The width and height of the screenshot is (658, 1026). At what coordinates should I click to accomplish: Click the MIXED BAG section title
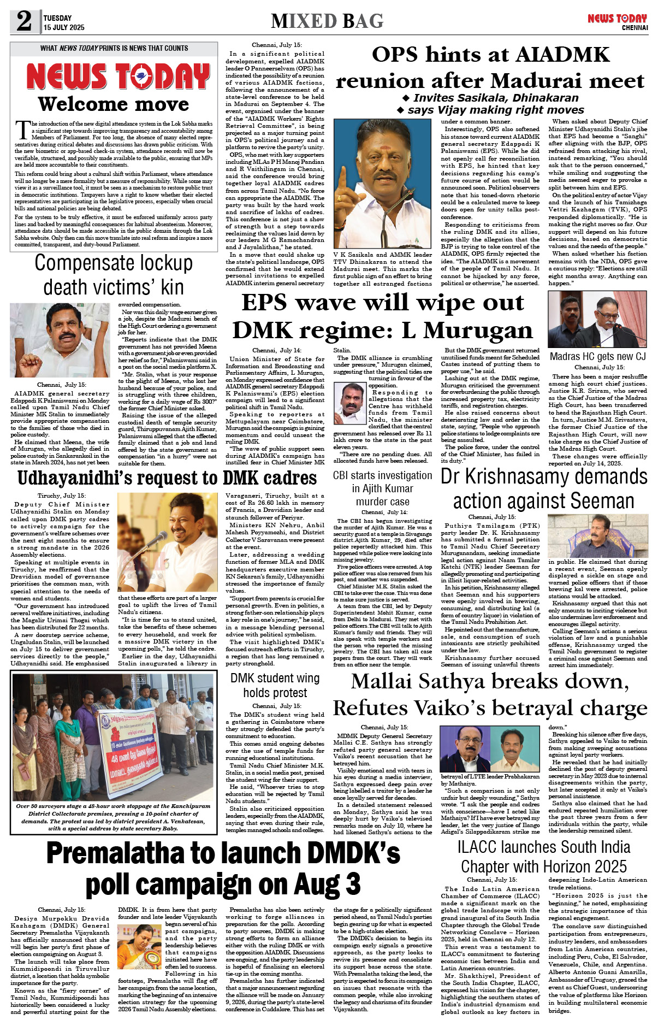pos(327,21)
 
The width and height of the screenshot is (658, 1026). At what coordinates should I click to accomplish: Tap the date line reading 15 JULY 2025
pos(64,27)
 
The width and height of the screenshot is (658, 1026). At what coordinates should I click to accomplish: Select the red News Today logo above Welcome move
pos(118,76)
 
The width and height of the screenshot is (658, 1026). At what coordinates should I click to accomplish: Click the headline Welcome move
pos(114,104)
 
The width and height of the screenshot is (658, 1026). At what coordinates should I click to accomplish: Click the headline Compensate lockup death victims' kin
pos(114,275)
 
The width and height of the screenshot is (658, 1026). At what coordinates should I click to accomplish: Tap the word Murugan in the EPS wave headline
pos(478,330)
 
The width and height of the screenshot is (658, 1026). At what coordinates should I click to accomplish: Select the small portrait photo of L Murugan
pos(349,399)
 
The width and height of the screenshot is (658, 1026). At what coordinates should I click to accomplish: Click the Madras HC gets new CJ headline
pos(597,356)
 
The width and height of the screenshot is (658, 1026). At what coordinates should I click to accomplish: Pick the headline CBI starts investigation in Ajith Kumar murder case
pos(382,488)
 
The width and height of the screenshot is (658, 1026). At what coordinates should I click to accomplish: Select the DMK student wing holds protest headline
pos(275,685)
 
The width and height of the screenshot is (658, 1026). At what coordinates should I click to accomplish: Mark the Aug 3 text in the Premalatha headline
pos(329,883)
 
